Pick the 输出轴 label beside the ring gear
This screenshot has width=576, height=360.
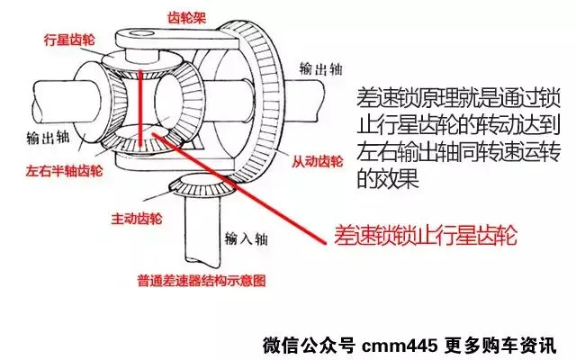320,67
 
